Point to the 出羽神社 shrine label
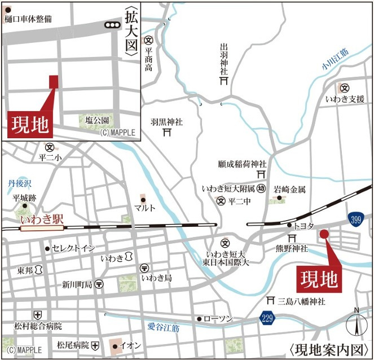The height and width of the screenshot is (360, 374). pyautogui.click(x=224, y=60)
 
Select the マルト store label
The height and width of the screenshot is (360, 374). pyautogui.click(x=145, y=208)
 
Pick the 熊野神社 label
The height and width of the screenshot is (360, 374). pyautogui.click(x=292, y=248)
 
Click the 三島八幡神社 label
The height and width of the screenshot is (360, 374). pyautogui.click(x=301, y=302)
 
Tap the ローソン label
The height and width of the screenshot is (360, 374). pyautogui.click(x=218, y=319)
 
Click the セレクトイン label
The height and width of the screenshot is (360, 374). pyautogui.click(x=73, y=248)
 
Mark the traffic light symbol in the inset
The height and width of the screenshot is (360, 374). pyautogui.click(x=112, y=25)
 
